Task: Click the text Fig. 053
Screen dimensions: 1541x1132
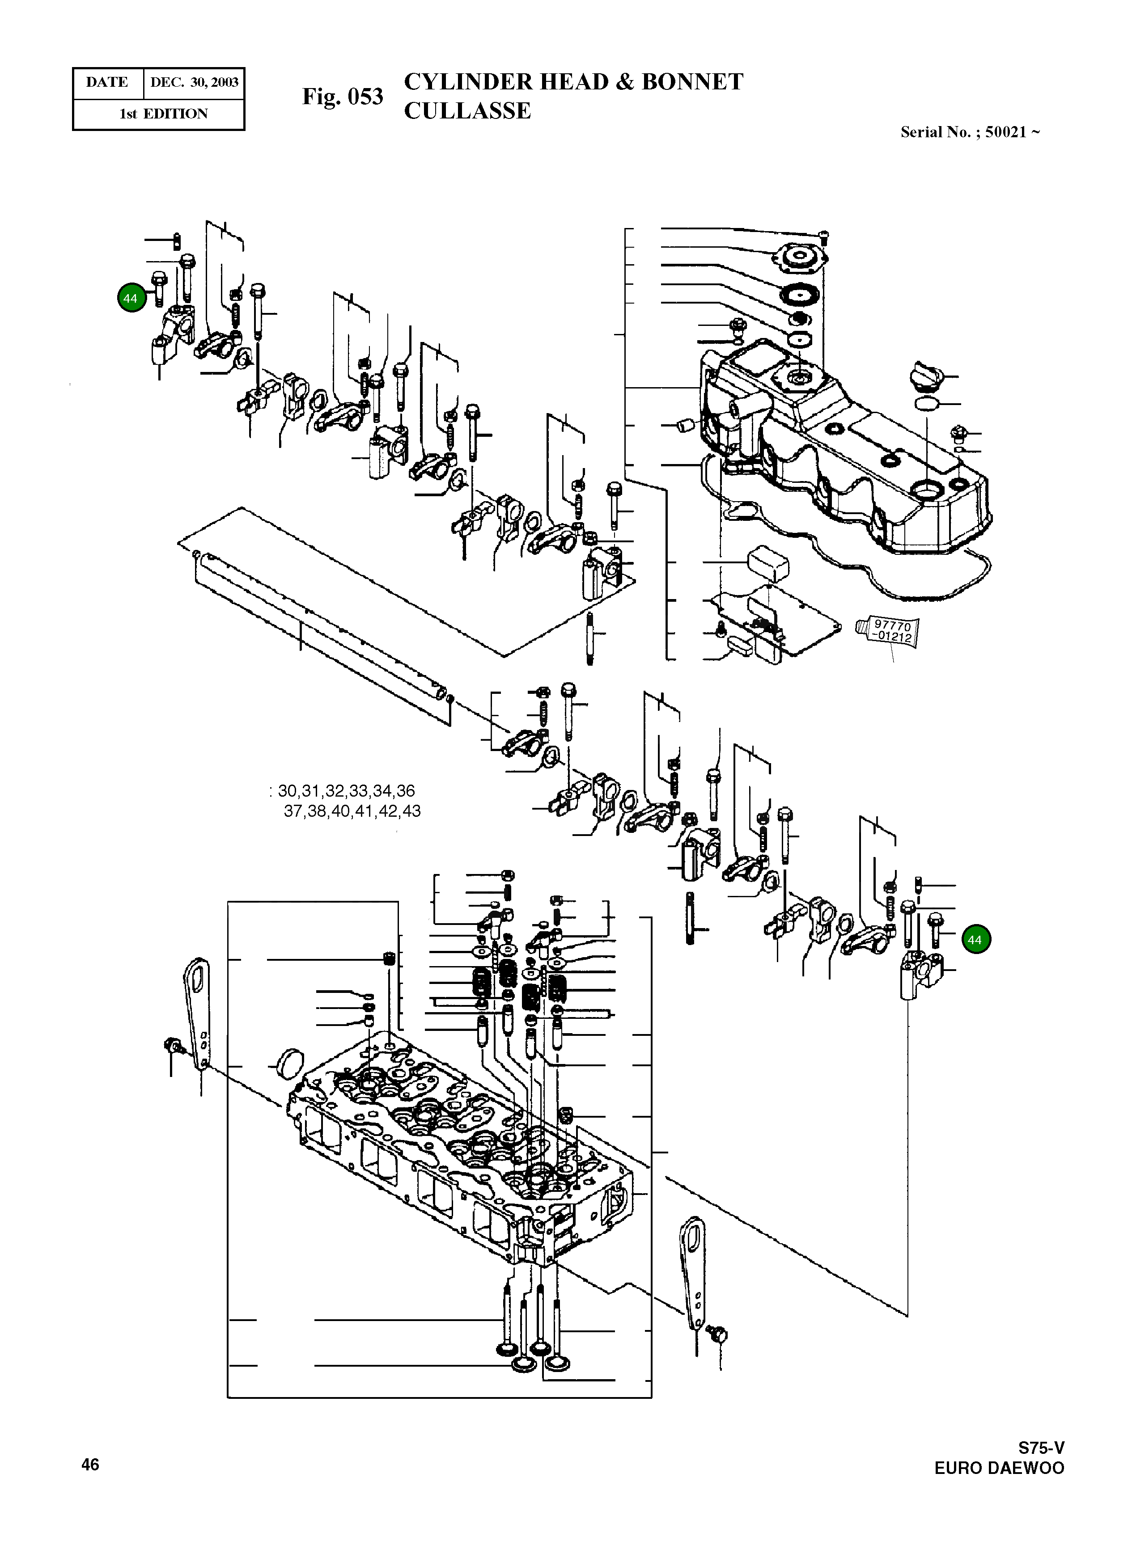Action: [x=343, y=97]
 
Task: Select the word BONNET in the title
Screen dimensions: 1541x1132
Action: [x=692, y=81]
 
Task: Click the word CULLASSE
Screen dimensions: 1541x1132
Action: [x=467, y=111]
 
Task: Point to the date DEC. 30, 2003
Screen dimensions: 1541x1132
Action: [x=194, y=83]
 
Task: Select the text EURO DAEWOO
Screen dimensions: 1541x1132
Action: [x=999, y=1469]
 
